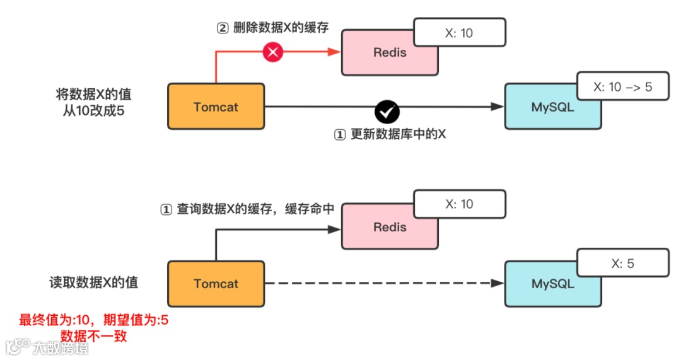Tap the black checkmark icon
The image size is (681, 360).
387,112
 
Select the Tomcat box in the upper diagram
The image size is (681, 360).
216,107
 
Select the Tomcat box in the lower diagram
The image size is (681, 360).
216,284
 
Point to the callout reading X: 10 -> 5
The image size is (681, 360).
622,88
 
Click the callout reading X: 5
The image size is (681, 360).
622,264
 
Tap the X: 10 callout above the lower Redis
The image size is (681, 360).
459,204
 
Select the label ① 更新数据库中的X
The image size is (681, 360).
389,135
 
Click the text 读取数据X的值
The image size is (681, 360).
94,282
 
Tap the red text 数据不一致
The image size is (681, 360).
94,336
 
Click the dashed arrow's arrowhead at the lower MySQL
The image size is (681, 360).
498,284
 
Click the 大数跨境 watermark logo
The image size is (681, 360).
47,347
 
